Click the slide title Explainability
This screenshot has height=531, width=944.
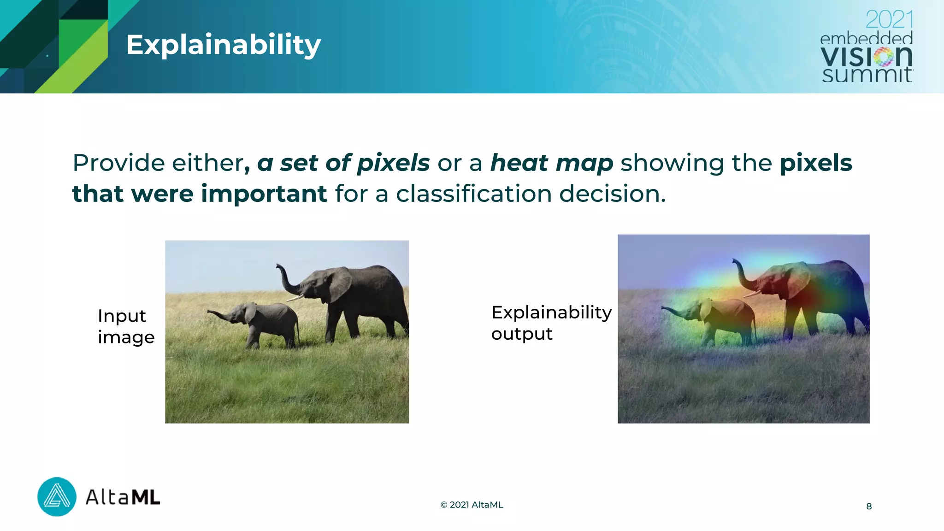223,45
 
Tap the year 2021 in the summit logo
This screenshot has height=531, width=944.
889,20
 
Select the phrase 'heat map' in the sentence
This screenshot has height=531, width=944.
551,163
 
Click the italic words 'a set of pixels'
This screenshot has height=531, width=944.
343,163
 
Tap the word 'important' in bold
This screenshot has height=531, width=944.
264,194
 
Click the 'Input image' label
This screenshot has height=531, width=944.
125,326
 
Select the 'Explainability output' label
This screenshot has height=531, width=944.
551,323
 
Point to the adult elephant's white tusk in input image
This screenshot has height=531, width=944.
295,298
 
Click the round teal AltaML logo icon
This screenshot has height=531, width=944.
57,496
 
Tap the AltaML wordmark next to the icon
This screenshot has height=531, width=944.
123,497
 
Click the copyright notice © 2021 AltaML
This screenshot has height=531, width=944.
472,505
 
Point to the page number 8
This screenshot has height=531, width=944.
869,506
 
